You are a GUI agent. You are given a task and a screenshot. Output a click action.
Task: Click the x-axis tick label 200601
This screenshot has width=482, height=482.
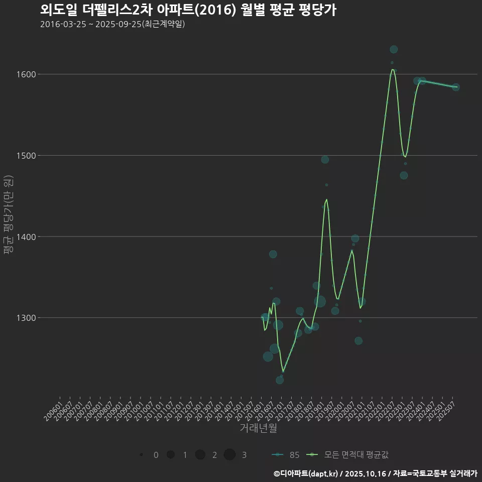click(x=53, y=407)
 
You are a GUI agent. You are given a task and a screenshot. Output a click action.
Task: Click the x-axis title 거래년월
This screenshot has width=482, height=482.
click(x=259, y=428)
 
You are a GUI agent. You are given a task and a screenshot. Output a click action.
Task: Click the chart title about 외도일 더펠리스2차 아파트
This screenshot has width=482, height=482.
click(x=188, y=10)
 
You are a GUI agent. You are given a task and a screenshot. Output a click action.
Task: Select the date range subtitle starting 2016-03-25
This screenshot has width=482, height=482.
click(x=112, y=24)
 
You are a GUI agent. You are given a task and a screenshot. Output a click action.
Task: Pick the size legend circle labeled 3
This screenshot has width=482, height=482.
click(x=229, y=455)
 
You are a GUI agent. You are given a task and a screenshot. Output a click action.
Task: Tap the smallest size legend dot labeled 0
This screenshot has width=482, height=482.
click(x=142, y=455)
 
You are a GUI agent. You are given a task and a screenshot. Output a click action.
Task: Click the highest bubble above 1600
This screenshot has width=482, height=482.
click(x=394, y=49)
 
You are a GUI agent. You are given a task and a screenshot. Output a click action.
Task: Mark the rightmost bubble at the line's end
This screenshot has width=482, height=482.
click(x=455, y=87)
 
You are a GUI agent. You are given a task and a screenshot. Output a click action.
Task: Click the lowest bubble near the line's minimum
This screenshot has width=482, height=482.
click(x=280, y=380)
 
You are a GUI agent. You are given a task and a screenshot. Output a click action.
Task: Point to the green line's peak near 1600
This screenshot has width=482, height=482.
click(x=393, y=70)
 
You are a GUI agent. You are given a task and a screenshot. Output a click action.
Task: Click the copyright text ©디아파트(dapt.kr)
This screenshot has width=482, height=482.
click(x=306, y=473)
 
